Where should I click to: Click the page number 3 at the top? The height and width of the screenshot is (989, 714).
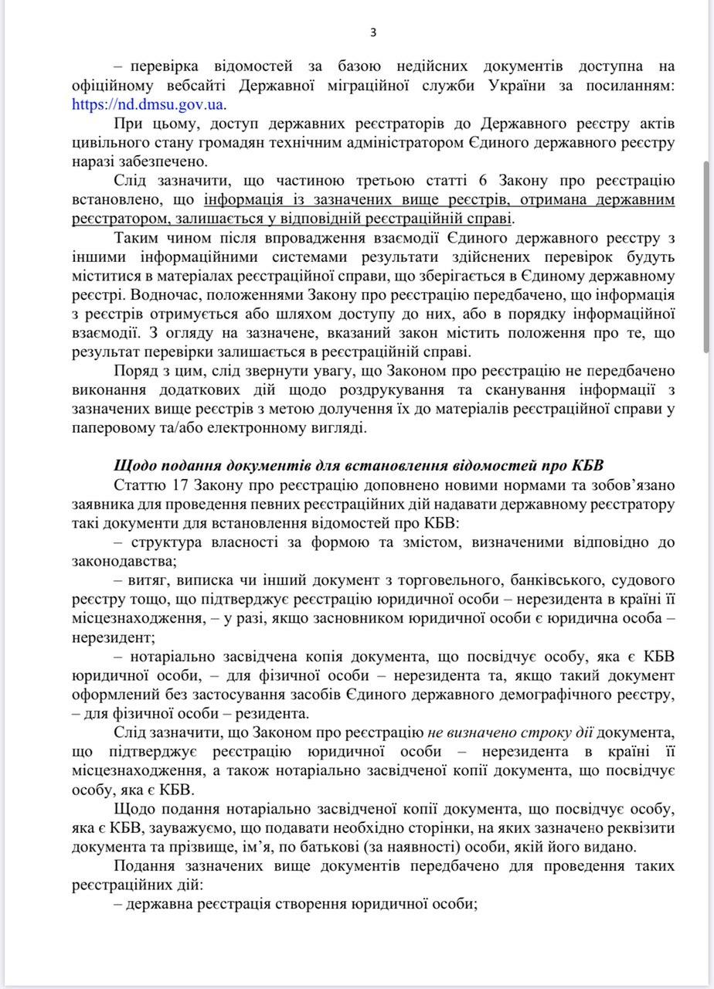[x=373, y=32]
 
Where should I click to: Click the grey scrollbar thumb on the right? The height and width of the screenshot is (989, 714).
[x=706, y=255]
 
